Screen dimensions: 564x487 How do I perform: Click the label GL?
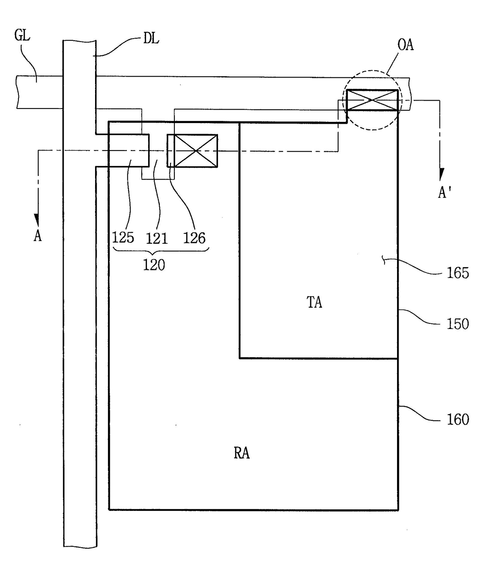pos(22,35)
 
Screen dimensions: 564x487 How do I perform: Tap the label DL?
pos(151,39)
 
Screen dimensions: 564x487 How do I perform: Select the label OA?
pos(405,45)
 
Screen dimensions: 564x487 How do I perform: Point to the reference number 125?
pos(123,237)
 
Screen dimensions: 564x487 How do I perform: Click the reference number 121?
pos(157,238)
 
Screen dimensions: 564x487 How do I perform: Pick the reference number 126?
pos(194,238)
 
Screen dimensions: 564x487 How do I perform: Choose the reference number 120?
pos(154,265)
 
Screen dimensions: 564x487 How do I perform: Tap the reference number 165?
pos(458,273)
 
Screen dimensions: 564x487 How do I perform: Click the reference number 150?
pos(458,324)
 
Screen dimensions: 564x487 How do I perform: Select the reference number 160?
pos(458,419)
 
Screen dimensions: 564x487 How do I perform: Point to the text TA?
pos(314,302)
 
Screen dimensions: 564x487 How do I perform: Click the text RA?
pos(242,453)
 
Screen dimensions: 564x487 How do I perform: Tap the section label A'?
pos(444,193)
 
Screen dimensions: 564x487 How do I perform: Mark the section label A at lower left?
pos(38,236)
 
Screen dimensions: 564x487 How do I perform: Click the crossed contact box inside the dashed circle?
pos(372,100)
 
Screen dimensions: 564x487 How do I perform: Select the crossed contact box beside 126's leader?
pos(192,151)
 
